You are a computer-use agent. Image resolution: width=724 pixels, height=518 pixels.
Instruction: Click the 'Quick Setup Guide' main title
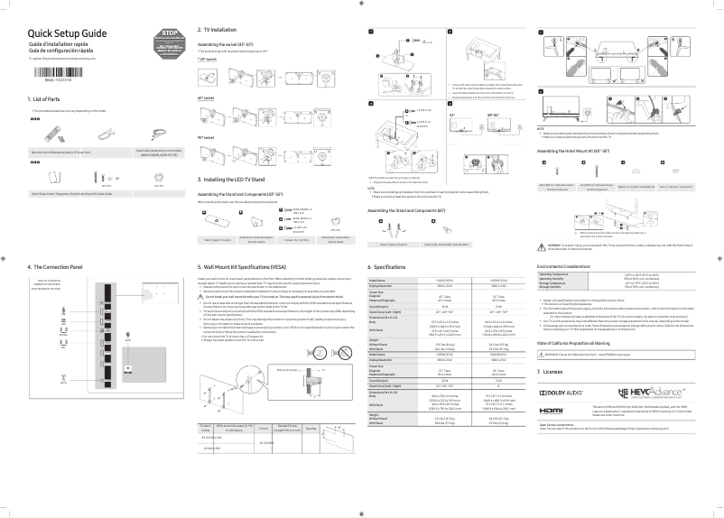coord(67,32)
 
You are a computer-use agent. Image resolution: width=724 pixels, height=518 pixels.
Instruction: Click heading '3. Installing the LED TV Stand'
coord(240,180)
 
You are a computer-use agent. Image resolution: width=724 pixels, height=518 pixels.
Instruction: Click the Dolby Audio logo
coord(564,369)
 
